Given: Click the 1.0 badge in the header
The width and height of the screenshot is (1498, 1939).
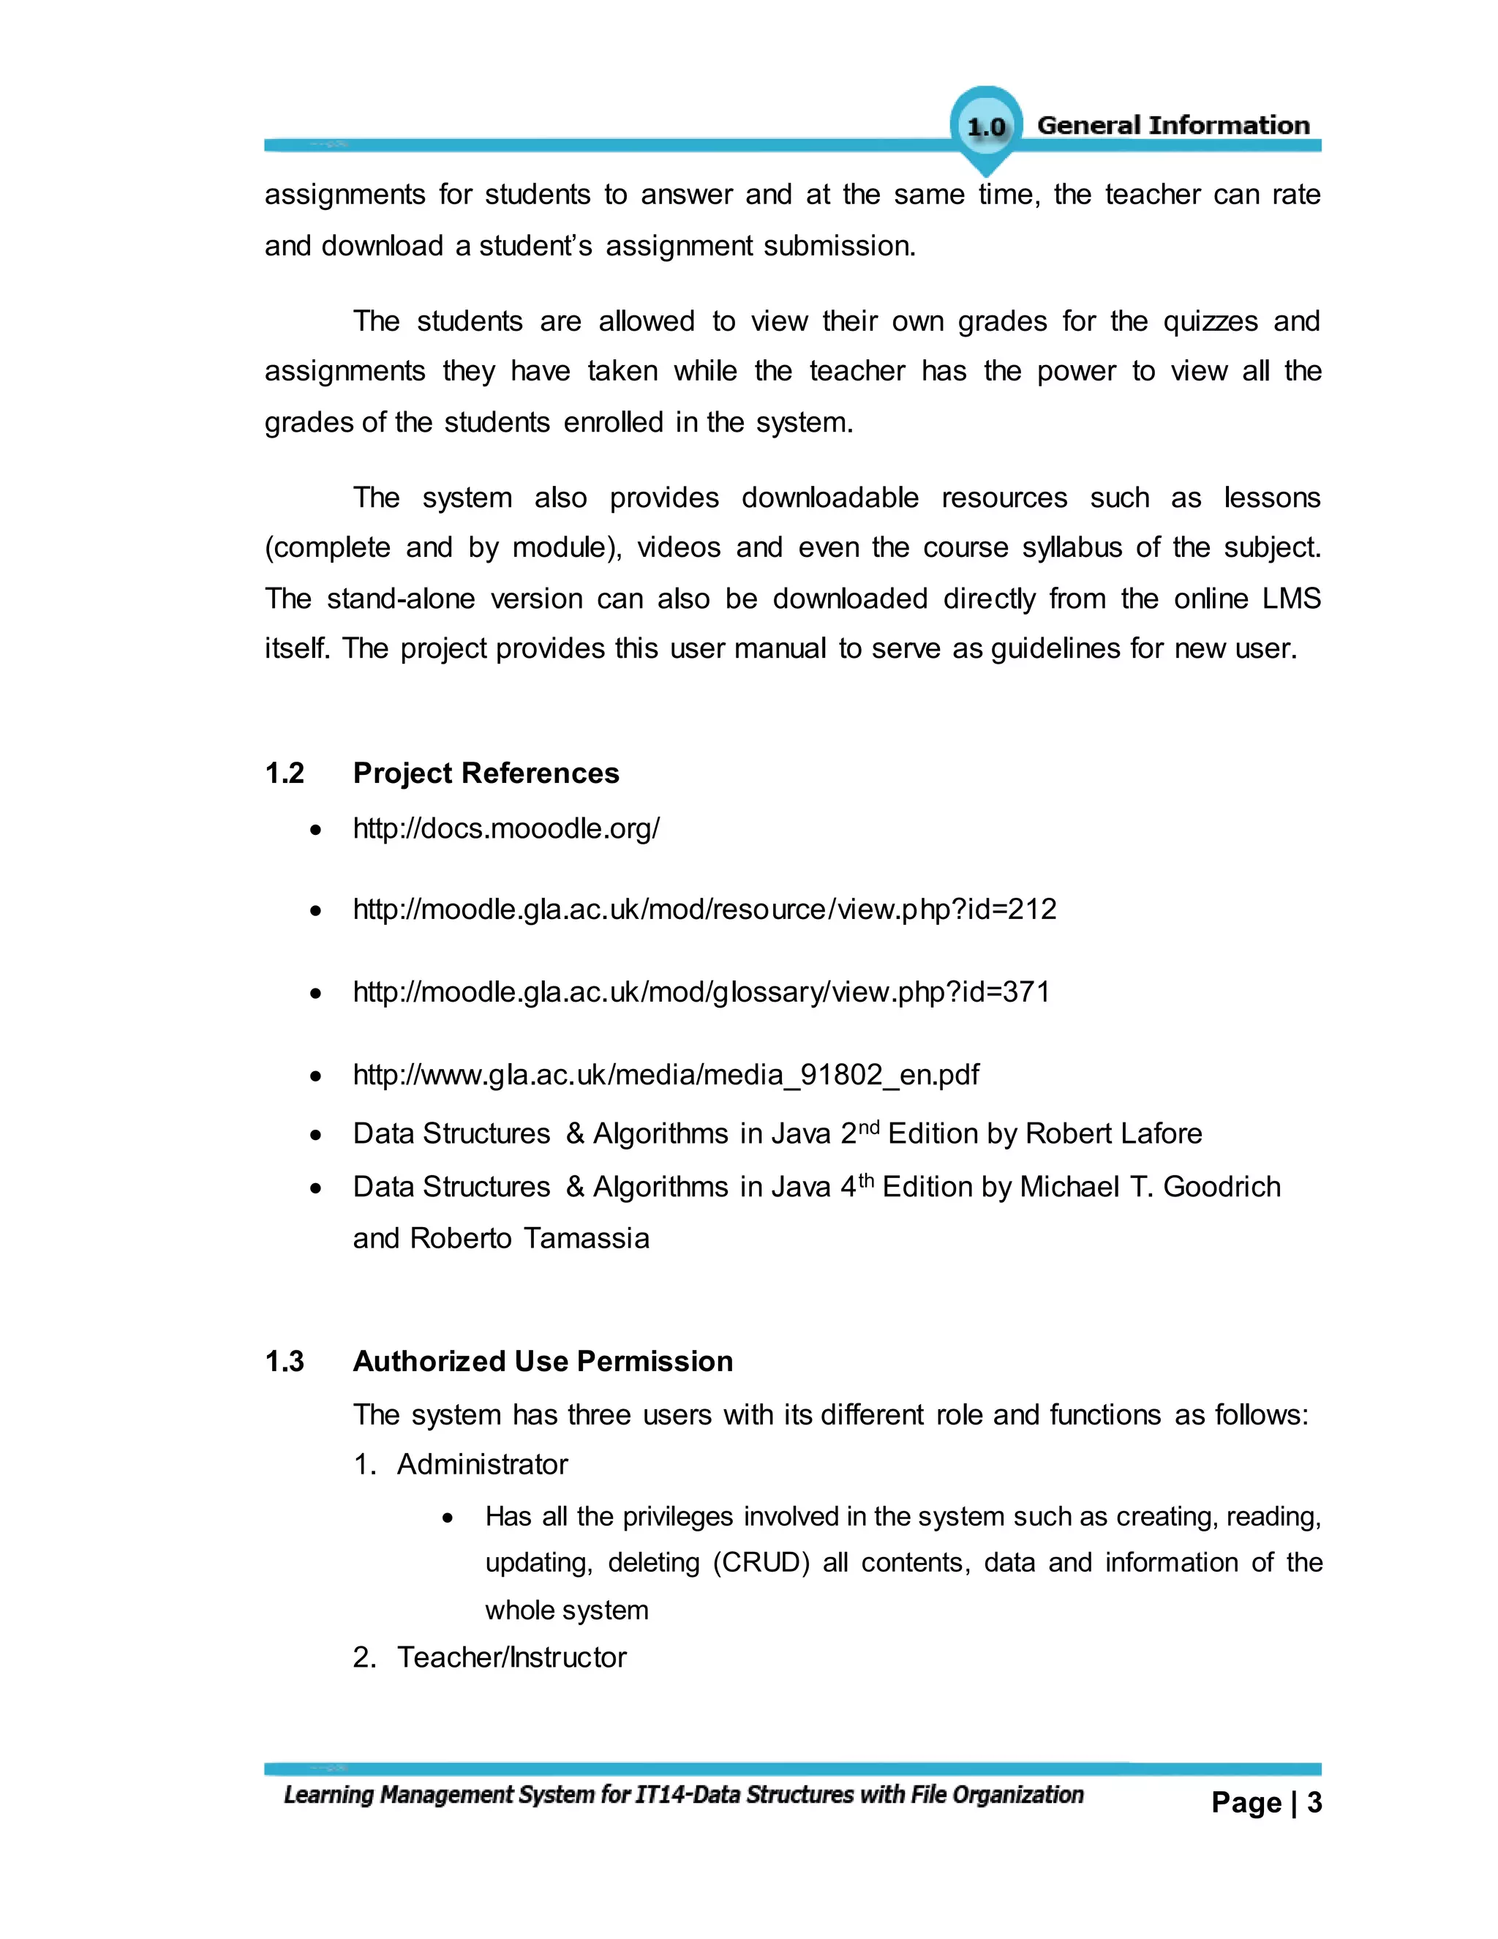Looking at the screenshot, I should pos(986,127).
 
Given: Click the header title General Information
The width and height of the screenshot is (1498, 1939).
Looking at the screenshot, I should pos(1173,125).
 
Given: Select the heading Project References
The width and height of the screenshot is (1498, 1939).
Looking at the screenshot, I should pos(486,773).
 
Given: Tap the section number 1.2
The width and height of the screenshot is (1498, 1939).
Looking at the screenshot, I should pos(284,773).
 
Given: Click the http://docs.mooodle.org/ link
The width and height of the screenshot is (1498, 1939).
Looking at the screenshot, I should pos(506,828).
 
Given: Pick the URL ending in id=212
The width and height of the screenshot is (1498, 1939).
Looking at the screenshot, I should pos(704,909).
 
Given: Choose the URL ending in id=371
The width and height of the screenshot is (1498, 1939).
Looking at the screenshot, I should pos(701,991).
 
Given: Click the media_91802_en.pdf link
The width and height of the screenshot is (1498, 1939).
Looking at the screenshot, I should pos(666,1074).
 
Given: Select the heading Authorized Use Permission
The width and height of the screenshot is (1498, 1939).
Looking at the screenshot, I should pos(542,1361).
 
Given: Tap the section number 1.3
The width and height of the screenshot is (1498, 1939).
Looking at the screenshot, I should pos(284,1361).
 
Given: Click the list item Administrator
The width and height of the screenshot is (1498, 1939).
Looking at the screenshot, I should pos(482,1464).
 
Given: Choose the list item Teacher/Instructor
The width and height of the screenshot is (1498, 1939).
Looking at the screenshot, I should pos(511,1657).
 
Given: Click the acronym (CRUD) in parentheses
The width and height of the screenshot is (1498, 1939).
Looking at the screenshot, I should pos(761,1563).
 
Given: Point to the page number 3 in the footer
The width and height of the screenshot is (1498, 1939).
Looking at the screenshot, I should pos(1314,1802).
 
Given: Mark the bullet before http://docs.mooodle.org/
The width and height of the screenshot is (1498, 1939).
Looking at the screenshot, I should pos(316,831).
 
